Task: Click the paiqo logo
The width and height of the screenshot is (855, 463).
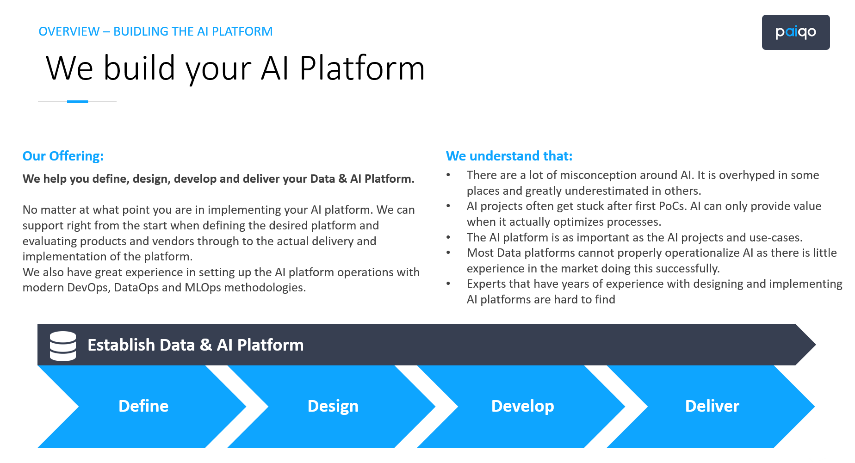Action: point(795,32)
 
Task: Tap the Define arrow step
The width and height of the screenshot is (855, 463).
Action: point(143,406)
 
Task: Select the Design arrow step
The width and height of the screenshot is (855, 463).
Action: point(333,406)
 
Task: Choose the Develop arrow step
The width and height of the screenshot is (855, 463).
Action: point(522,406)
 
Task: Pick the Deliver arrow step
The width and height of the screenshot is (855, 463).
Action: point(712,406)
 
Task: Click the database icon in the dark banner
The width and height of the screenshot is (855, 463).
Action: point(63,346)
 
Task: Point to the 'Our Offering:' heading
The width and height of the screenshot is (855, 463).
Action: point(63,156)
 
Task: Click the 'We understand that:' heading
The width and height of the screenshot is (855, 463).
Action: point(509,156)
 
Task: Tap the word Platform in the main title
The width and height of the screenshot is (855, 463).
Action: point(362,68)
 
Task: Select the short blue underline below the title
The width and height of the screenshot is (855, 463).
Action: point(77,102)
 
